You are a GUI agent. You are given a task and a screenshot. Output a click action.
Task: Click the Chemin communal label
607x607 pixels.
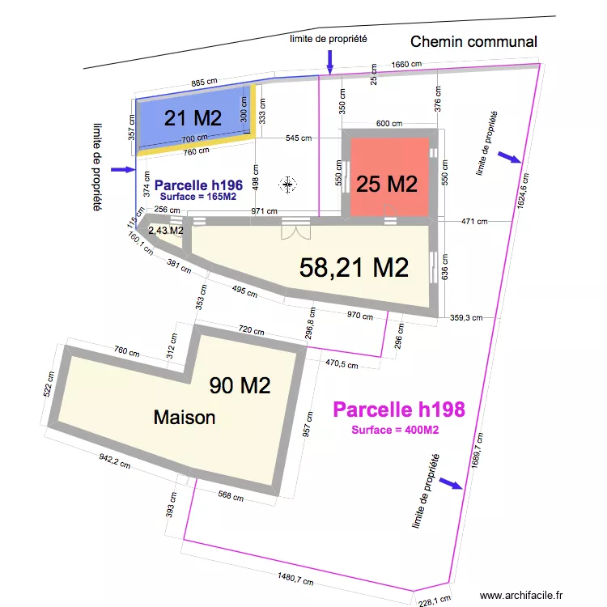(473, 41)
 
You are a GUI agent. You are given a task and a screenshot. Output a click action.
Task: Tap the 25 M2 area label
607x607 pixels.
(387, 184)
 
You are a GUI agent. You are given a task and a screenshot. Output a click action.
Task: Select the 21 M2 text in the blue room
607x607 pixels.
(193, 118)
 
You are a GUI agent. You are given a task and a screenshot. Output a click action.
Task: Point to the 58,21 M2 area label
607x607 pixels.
(353, 267)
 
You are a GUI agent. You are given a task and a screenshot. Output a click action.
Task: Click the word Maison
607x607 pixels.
(185, 418)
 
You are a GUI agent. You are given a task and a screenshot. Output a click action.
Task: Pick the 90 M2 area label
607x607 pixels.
(240, 385)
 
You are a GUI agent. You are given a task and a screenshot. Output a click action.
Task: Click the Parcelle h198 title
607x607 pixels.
(399, 410)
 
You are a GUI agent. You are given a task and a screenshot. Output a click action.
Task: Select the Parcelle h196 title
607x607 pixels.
(198, 185)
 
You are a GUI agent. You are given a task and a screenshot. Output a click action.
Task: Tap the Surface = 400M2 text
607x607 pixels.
(395, 430)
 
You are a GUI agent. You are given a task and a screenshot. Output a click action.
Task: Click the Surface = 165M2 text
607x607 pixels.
(198, 197)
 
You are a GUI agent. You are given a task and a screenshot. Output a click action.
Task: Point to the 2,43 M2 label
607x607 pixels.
(165, 231)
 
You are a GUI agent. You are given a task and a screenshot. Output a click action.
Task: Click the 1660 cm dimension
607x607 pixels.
(406, 65)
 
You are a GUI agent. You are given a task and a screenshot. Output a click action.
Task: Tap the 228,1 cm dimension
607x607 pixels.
(433, 600)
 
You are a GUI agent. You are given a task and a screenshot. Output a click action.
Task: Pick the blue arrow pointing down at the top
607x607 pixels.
(329, 59)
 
